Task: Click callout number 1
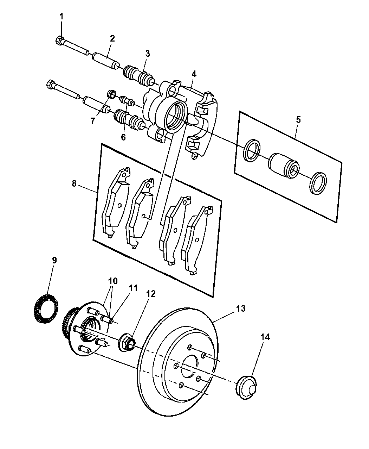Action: pyautogui.click(x=61, y=16)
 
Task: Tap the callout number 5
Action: pyautogui.click(x=298, y=120)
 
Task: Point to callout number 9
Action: pyautogui.click(x=54, y=260)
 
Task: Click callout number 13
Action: pyautogui.click(x=241, y=308)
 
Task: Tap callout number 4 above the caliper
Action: pyautogui.click(x=194, y=74)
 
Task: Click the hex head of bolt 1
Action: pyautogui.click(x=59, y=40)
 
